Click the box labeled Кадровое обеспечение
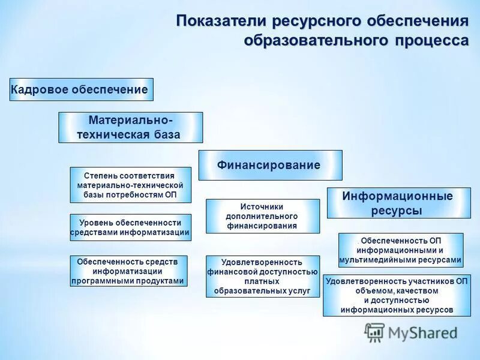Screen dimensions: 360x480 [x=82, y=89]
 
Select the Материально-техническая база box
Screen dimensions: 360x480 [x=130, y=127]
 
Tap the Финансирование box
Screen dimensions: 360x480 [x=270, y=165]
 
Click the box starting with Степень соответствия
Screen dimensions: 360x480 [x=130, y=185]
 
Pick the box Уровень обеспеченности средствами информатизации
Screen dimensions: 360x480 [x=130, y=227]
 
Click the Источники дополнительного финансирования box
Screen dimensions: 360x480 [x=262, y=216]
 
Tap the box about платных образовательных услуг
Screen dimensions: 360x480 [x=262, y=277]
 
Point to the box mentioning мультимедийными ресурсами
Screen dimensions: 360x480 [x=400, y=250]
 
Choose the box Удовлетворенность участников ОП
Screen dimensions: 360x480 [x=397, y=295]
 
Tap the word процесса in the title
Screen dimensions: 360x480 [x=431, y=41]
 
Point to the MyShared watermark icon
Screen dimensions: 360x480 [x=374, y=332]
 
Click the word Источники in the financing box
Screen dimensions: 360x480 [x=262, y=206]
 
